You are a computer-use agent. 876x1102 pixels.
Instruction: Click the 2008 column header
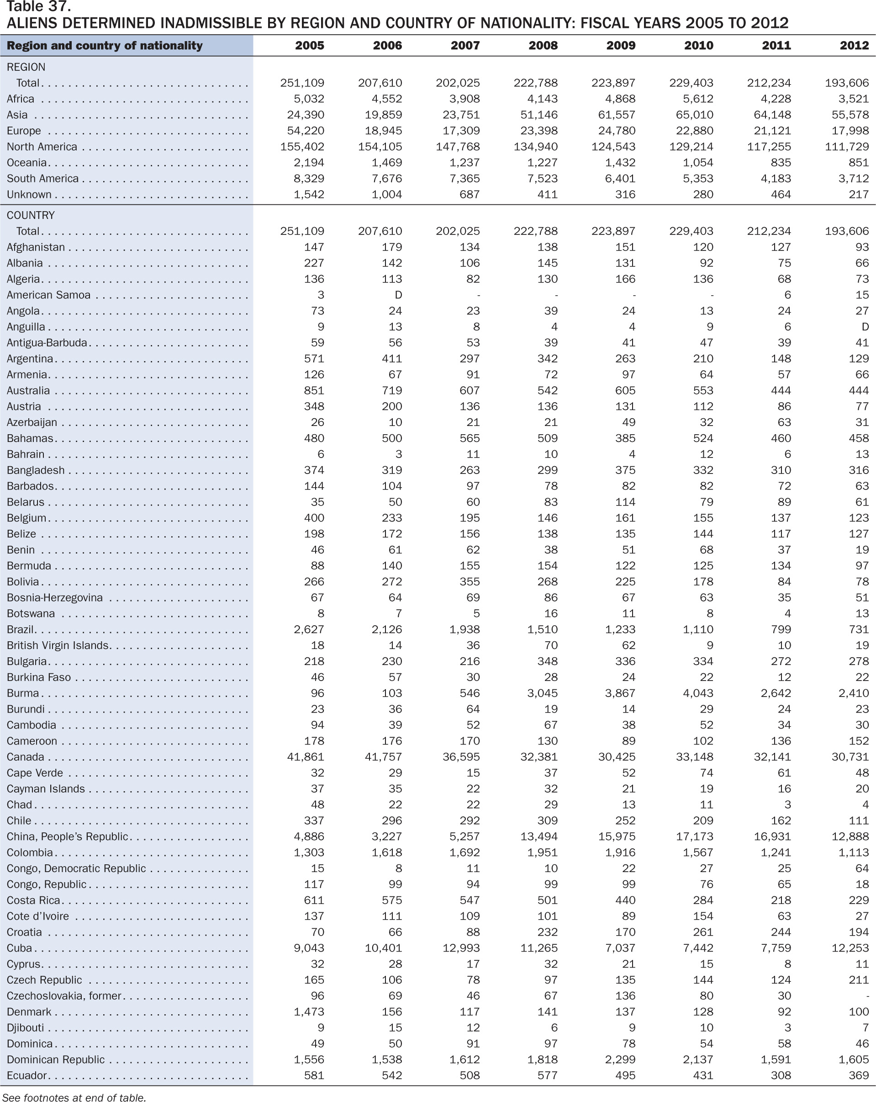543,46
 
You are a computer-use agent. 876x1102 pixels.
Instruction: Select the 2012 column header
854,46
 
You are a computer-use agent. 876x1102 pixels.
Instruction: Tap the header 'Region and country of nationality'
105,46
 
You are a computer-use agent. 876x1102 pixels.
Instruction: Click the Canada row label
26,757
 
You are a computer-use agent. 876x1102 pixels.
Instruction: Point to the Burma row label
23,693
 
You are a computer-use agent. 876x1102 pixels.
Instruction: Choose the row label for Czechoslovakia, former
64,996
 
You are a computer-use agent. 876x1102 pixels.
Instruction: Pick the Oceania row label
26,163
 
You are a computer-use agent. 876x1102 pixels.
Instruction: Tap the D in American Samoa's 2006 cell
398,295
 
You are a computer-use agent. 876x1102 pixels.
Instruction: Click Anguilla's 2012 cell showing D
865,327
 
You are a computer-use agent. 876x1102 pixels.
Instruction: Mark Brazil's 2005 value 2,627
309,629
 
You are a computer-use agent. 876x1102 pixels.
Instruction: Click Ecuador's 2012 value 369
859,1075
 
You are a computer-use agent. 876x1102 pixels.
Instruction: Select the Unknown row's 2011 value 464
781,194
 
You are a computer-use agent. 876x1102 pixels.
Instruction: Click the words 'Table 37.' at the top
38,7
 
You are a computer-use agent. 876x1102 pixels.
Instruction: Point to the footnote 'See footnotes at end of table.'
74,1097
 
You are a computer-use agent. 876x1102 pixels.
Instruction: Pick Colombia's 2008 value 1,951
543,852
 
